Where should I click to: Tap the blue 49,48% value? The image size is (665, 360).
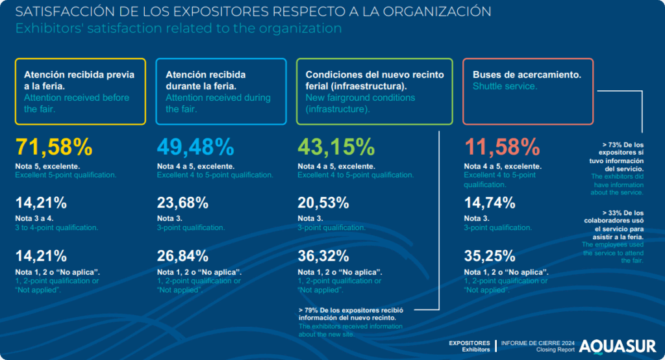(195, 148)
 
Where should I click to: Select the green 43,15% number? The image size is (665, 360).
(336, 148)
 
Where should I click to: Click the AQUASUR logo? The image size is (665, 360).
(617, 346)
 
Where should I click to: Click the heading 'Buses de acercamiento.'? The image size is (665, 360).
(527, 75)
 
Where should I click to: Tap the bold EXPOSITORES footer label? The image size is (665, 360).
(470, 342)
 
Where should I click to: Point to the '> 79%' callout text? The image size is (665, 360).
(310, 309)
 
